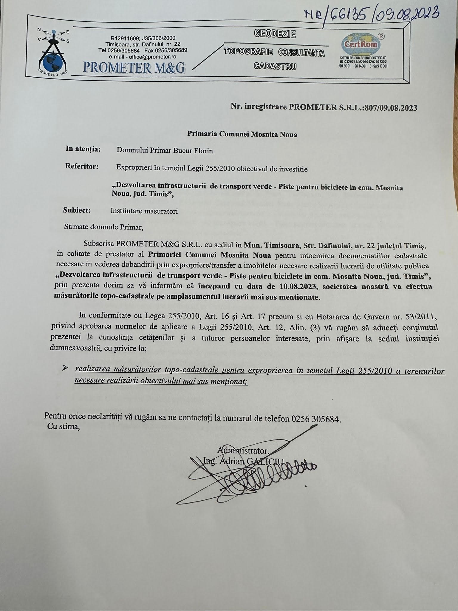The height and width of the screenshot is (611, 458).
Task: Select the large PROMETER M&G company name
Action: point(134,67)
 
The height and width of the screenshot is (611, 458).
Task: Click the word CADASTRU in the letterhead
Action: point(275,66)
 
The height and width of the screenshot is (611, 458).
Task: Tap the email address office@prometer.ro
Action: point(143,57)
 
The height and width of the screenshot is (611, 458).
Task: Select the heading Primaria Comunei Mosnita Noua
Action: point(242,134)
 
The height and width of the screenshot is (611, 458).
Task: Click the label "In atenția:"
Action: point(83,149)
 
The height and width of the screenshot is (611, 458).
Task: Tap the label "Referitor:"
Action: point(82,166)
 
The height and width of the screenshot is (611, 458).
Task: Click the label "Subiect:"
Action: point(77,210)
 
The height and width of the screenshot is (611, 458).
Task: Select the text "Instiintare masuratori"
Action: point(144,211)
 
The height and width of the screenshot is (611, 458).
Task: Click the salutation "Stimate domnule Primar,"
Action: point(104,227)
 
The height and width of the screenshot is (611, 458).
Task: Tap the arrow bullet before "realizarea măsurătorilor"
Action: point(65,368)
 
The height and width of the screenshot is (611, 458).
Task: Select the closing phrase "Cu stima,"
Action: point(64,427)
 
